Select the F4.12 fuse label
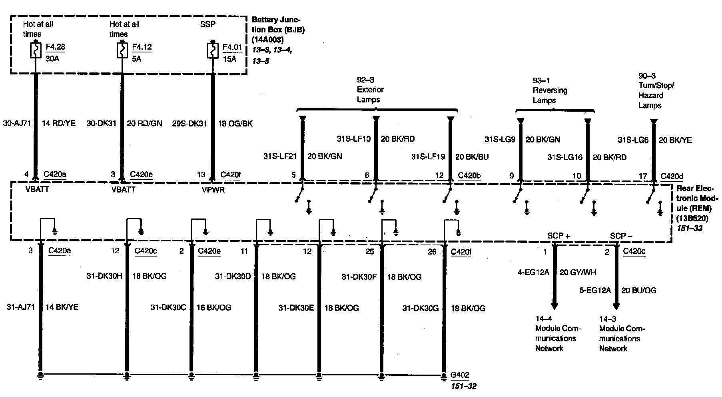[142, 47]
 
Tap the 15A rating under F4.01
[229, 59]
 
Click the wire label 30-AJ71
[16, 123]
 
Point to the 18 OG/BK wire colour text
[235, 124]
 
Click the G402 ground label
[460, 375]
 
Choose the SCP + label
[558, 236]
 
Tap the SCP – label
[621, 236]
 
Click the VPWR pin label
[213, 190]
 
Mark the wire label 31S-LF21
[280, 156]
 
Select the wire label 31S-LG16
[564, 157]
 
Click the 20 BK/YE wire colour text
[675, 140]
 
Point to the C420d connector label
[672, 176]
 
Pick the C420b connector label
[469, 175]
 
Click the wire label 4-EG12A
[533, 273]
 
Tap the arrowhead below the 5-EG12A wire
[616, 306]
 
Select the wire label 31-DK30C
[168, 307]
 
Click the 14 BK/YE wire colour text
[62, 307]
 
